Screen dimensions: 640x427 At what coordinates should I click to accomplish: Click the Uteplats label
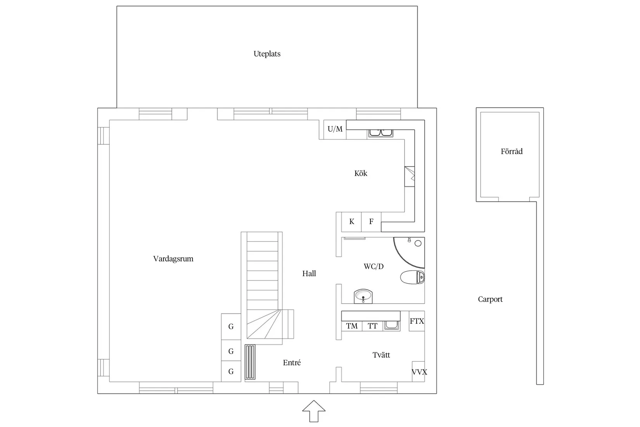pos(267,54)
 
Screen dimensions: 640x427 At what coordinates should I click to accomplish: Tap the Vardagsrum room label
pos(173,259)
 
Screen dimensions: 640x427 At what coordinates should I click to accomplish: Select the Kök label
pos(361,173)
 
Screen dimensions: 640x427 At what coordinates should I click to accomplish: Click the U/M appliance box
pos(335,129)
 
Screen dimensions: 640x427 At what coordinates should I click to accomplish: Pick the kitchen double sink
pos(381,133)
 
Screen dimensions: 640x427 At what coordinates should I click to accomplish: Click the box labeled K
pos(351,222)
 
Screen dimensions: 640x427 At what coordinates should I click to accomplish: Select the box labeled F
pos(371,222)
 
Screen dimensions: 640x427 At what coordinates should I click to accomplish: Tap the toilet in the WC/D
pos(412,277)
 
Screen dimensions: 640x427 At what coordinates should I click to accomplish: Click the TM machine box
pos(352,326)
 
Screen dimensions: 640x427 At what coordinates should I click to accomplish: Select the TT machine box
pos(372,326)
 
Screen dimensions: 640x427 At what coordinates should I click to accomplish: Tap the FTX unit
pos(417,321)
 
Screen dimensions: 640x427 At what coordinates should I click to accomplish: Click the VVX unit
pos(419,371)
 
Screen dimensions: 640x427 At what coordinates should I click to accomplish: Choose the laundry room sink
pos(391,326)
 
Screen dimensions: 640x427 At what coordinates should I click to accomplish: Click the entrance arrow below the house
pos(314,411)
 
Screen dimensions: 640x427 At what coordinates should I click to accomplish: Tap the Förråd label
pos(512,151)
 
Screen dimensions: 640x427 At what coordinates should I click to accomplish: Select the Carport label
pos(490,299)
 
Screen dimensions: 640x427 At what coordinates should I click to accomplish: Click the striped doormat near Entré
pos(250,362)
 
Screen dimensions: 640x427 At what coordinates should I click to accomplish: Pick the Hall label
pos(309,274)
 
